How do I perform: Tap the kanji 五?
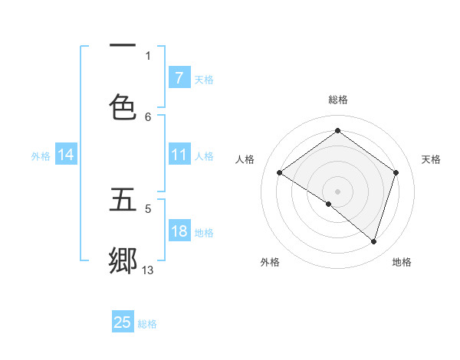tap(123, 199)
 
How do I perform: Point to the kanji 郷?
tap(123, 260)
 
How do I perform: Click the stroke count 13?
tap(148, 270)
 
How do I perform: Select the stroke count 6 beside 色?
tap(148, 116)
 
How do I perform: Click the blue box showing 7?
tap(179, 78)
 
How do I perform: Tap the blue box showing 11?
tap(179, 155)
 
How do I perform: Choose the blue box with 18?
tap(179, 231)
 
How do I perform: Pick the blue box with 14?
tap(66, 155)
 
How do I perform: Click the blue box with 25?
tap(123, 322)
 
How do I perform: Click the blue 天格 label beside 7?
tap(204, 79)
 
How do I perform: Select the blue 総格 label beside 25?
tap(147, 323)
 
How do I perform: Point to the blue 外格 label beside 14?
tap(41, 155)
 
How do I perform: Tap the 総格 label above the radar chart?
tap(337, 100)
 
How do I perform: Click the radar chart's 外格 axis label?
tap(270, 262)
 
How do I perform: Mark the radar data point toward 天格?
tap(396, 172)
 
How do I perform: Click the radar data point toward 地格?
tap(374, 241)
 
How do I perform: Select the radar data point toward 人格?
tap(279, 172)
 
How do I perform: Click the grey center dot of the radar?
tap(337, 191)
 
